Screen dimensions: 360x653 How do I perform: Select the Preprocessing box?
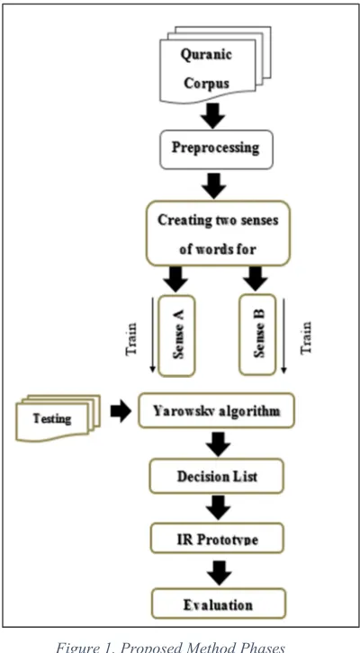216,149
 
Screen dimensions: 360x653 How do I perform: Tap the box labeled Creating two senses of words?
218,233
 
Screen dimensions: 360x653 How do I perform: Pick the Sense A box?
176,335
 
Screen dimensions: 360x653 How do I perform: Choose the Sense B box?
257,335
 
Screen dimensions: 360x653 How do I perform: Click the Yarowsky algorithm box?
217,411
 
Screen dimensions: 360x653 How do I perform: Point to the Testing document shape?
58,417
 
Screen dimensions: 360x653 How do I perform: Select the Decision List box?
217,476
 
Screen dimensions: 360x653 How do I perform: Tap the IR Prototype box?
217,538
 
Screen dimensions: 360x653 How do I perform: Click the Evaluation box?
219,603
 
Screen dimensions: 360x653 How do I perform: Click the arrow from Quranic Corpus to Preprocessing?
213,115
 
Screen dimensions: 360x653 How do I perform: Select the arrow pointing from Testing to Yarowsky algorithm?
121,411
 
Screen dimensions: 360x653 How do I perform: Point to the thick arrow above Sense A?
175,279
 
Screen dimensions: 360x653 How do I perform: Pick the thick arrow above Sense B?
255,279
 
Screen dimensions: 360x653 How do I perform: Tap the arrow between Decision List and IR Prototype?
218,507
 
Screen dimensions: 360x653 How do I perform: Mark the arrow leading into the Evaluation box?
219,573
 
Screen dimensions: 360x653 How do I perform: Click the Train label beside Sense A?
131,338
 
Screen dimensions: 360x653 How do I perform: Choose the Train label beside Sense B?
306,337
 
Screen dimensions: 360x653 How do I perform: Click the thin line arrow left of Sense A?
152,335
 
